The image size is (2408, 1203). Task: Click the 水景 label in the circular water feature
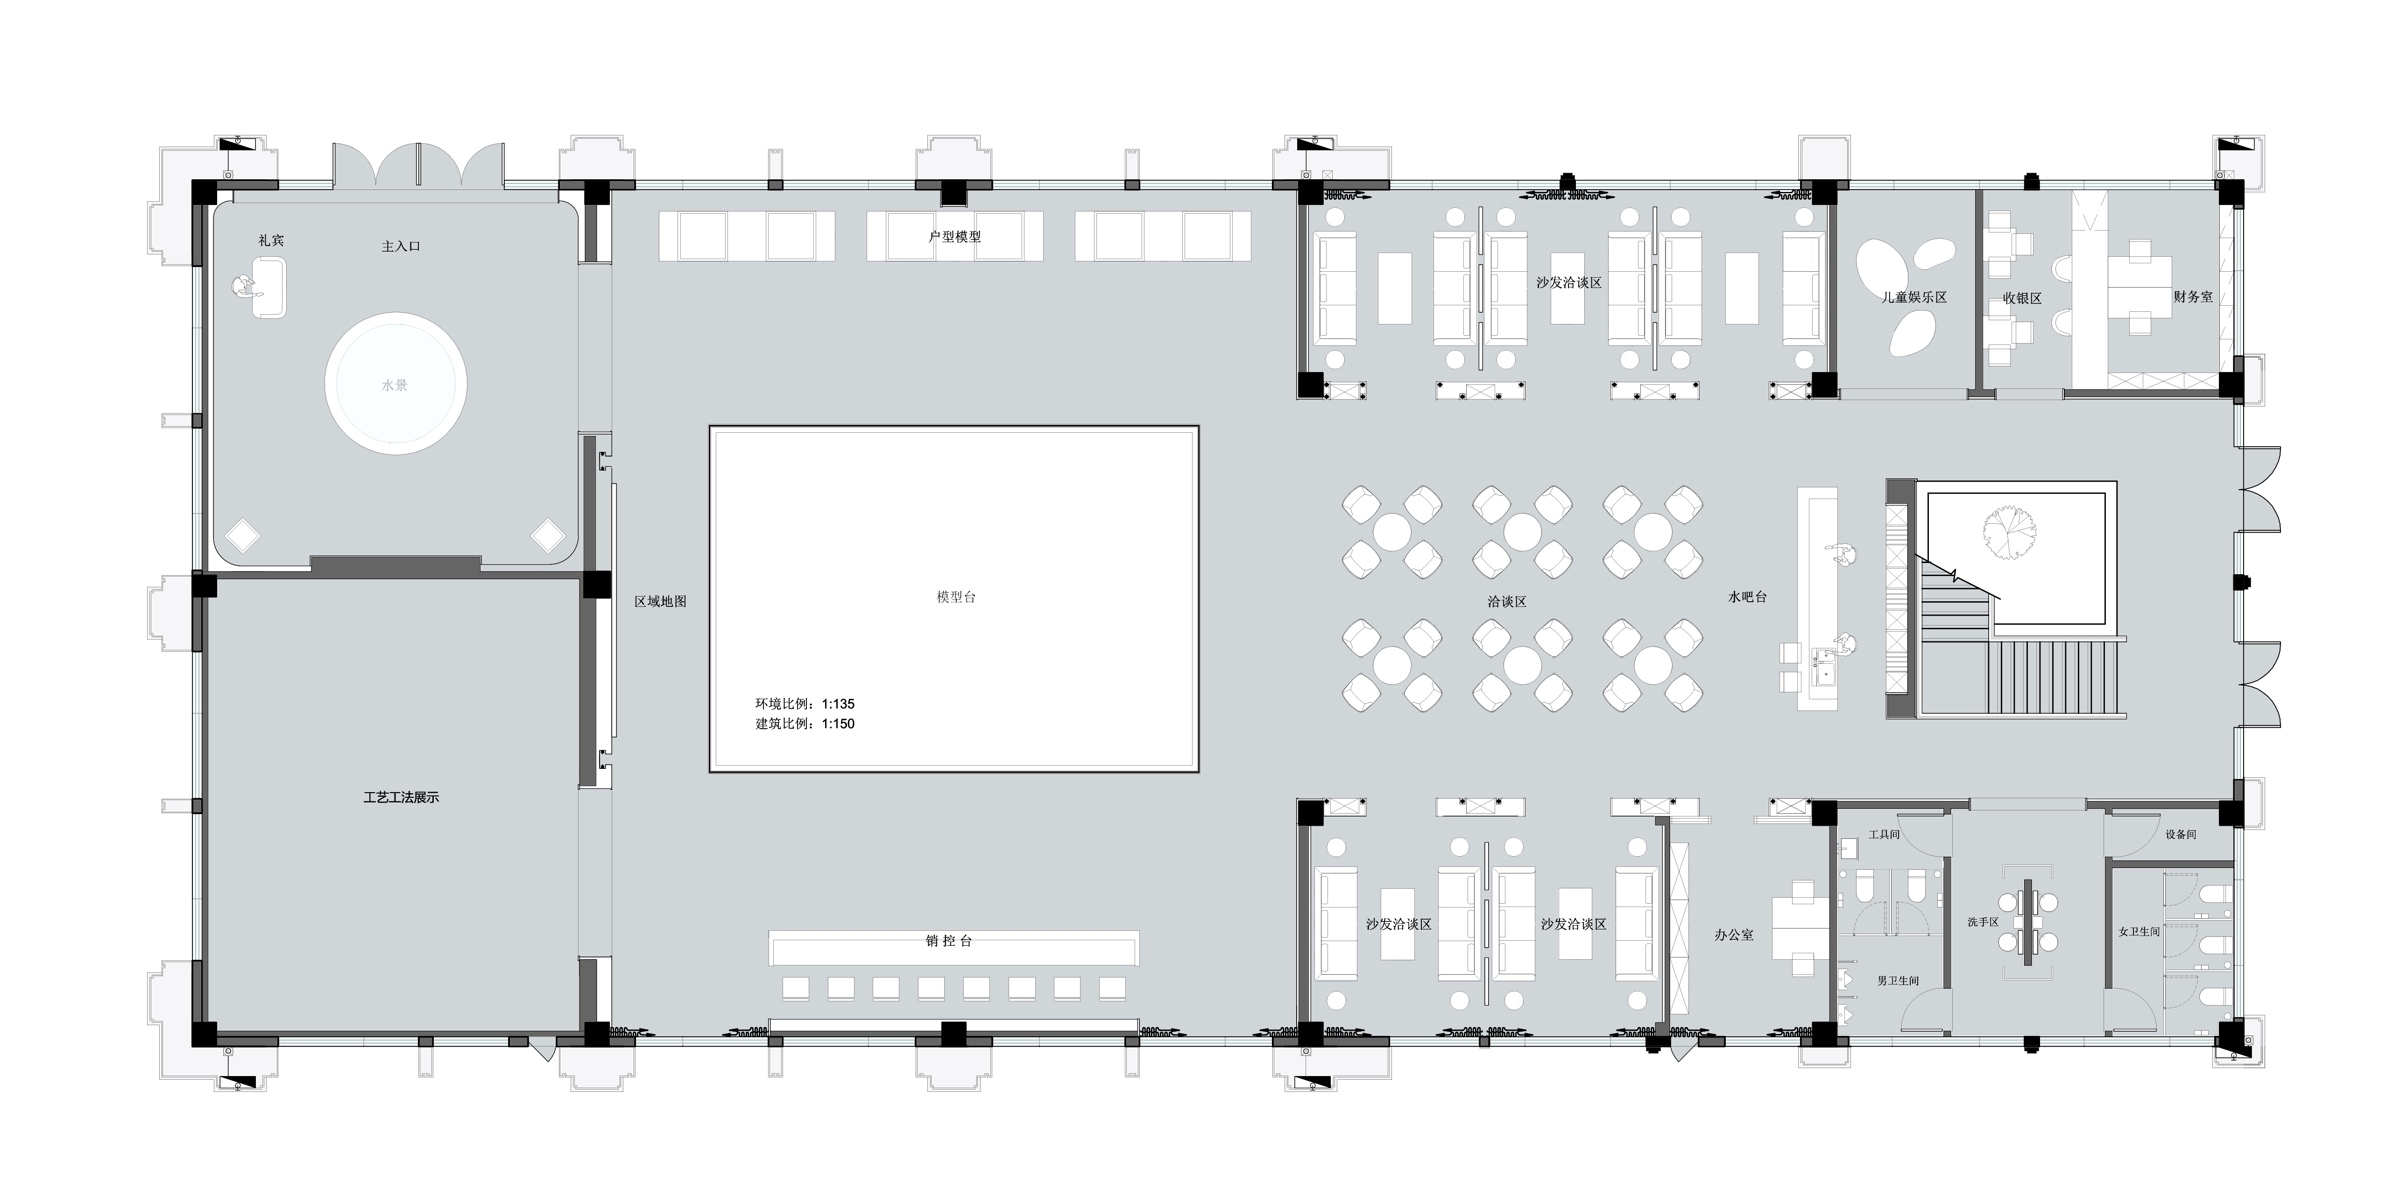[x=395, y=385]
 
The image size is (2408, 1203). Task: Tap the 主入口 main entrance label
[x=401, y=246]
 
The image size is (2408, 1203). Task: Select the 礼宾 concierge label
[x=271, y=240]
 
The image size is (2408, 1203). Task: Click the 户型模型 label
[x=954, y=237]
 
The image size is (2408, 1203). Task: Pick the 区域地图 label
[x=661, y=601]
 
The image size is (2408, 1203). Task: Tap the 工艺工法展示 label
[x=401, y=797]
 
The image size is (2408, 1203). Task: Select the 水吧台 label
[x=1747, y=596]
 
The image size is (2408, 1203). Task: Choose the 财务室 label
[x=2193, y=296]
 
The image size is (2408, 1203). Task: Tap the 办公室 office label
[x=1734, y=934]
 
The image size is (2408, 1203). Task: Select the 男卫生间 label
[x=1898, y=980]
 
